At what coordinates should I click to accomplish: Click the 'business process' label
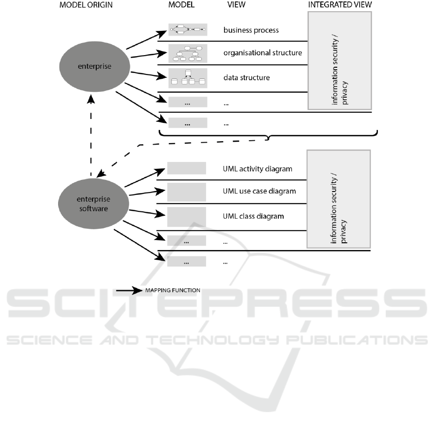(251, 30)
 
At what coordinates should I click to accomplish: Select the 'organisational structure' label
(262, 53)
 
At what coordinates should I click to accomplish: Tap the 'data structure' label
(246, 77)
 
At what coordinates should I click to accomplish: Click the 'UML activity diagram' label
(257, 169)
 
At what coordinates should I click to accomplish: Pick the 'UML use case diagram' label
(259, 191)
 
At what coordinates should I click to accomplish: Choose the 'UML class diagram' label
(253, 216)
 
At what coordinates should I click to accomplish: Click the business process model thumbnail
(188, 30)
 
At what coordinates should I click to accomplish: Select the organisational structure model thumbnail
(188, 53)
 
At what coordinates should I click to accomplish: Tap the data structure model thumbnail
(188, 78)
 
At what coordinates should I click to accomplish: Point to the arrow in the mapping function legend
(128, 291)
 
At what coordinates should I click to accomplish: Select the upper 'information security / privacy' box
(339, 60)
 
